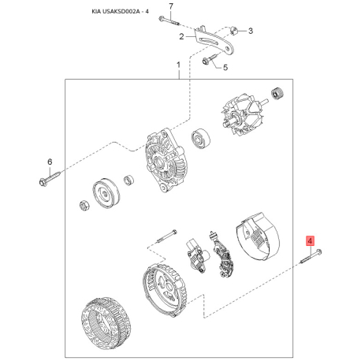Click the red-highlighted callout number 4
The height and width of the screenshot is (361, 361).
pyautogui.click(x=311, y=240)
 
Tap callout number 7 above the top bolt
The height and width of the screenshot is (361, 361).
pyautogui.click(x=171, y=6)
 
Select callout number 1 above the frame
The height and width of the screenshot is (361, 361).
pyautogui.click(x=179, y=65)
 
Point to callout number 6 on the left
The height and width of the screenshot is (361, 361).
pyautogui.click(x=50, y=162)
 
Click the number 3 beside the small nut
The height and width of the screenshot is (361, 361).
pyautogui.click(x=251, y=31)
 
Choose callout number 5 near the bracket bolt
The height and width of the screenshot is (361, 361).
pyautogui.click(x=225, y=68)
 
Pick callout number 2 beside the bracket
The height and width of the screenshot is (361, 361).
pyautogui.click(x=181, y=36)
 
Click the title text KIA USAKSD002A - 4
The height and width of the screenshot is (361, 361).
pyautogui.click(x=120, y=12)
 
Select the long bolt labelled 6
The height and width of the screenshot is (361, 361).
pyautogui.click(x=50, y=177)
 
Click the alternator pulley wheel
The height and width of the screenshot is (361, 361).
pyautogui.click(x=106, y=195)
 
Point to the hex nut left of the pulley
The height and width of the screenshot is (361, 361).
pyautogui.click(x=84, y=206)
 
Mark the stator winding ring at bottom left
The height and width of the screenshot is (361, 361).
pyautogui.click(x=106, y=319)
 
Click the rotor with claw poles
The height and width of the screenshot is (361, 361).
pyautogui.click(x=242, y=115)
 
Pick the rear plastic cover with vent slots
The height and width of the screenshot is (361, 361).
pyautogui.click(x=258, y=236)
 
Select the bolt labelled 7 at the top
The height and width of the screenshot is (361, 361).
pyautogui.click(x=169, y=21)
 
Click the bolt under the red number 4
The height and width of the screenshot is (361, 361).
pyautogui.click(x=311, y=256)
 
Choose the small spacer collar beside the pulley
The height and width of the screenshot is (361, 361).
pyautogui.click(x=128, y=180)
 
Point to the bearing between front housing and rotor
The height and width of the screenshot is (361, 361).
pyautogui.click(x=201, y=139)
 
